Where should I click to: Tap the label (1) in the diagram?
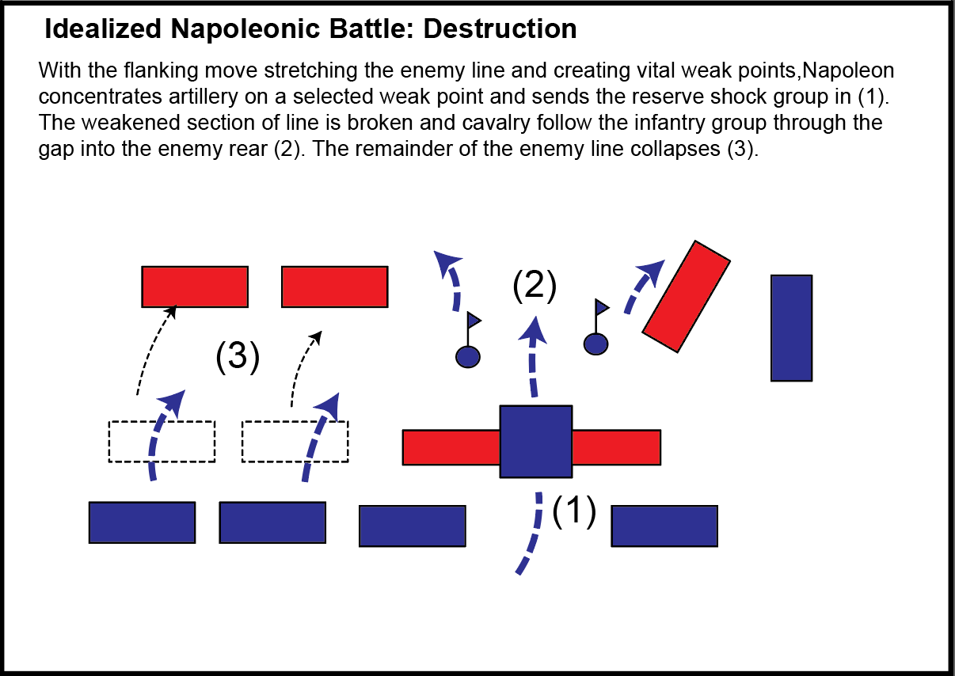(x=573, y=511)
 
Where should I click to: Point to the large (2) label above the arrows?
(x=535, y=286)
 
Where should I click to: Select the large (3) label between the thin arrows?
(x=238, y=357)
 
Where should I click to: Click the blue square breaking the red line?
(x=535, y=442)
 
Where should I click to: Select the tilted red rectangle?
(x=686, y=296)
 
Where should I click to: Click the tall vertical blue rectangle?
(x=791, y=328)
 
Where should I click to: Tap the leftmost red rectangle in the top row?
(x=195, y=287)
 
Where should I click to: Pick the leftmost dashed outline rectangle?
(x=162, y=442)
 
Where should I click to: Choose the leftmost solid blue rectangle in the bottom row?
(x=142, y=522)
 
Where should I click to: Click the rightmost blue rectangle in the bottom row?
(x=664, y=526)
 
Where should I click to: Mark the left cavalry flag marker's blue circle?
(x=468, y=356)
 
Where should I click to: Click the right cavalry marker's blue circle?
(x=595, y=344)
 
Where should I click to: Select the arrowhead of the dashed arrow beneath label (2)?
(x=535, y=327)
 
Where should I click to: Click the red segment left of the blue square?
(x=451, y=447)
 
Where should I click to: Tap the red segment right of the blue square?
(x=616, y=447)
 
